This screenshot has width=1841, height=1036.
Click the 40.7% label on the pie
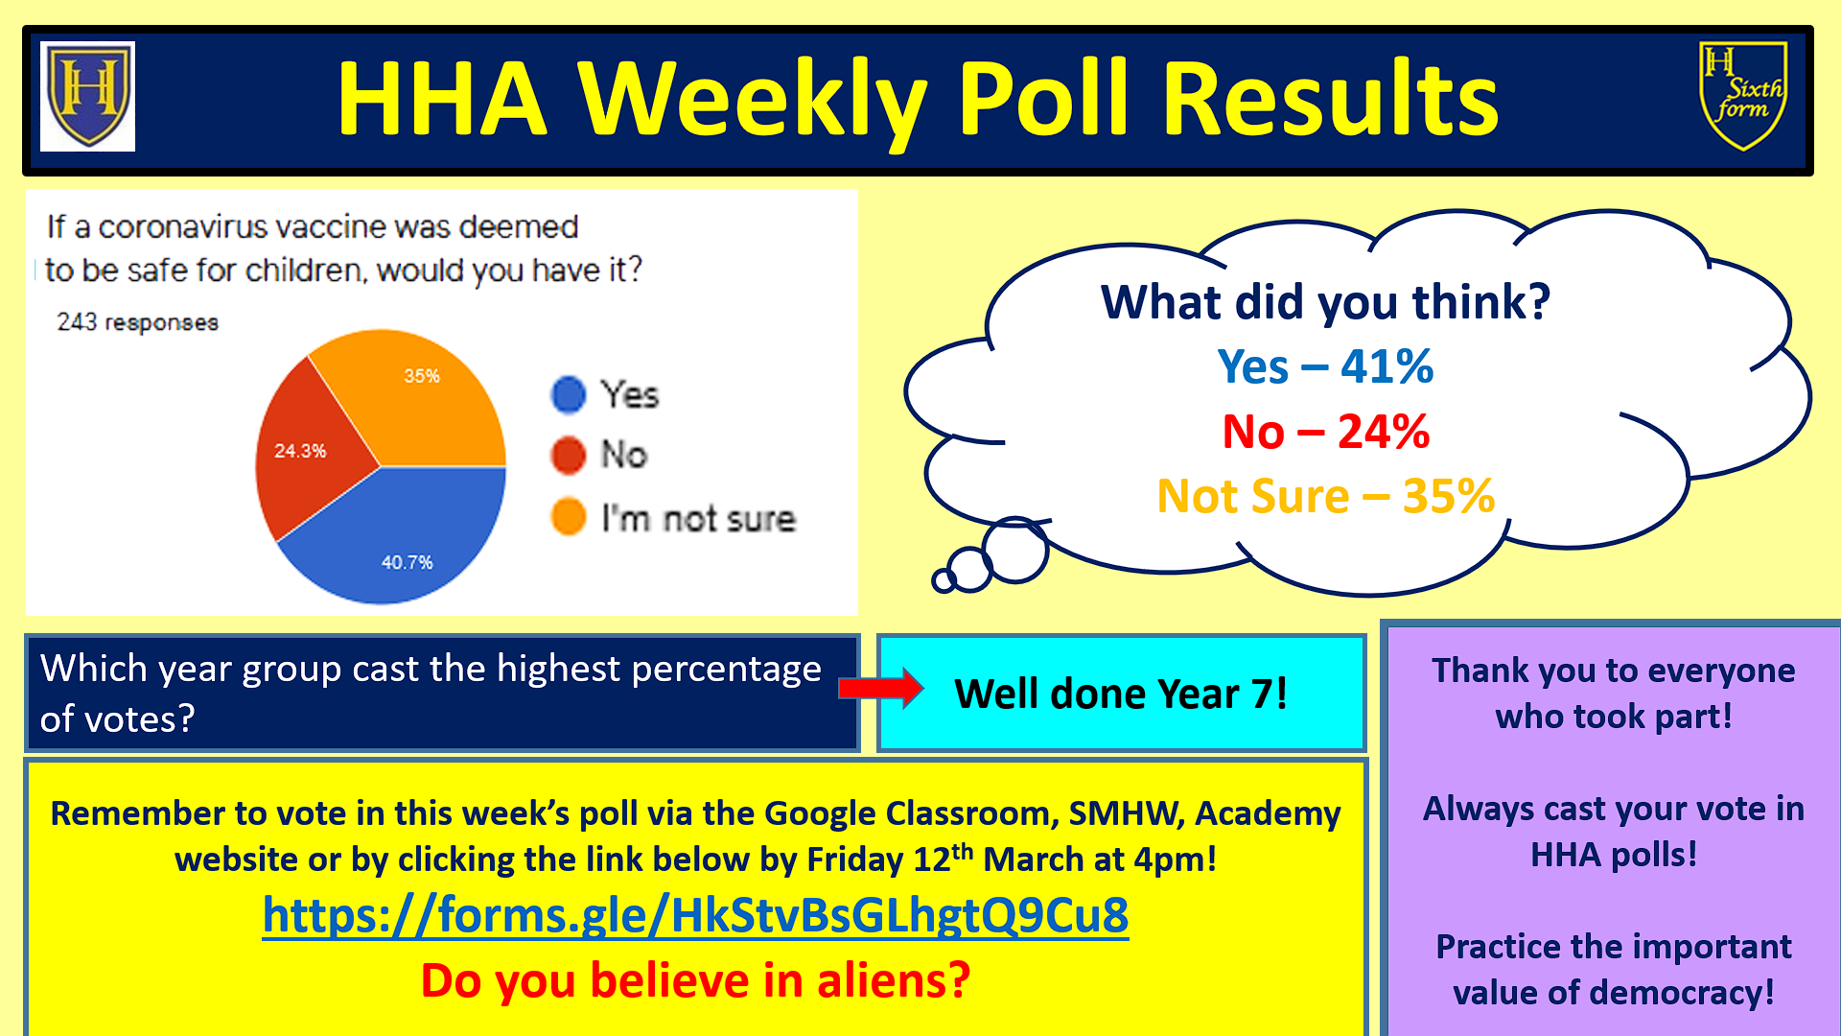pyautogui.click(x=408, y=562)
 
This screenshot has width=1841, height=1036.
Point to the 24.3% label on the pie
pyautogui.click(x=300, y=451)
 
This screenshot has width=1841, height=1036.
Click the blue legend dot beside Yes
pyautogui.click(x=569, y=394)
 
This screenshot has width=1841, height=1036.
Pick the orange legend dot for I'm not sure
pyautogui.click(x=569, y=517)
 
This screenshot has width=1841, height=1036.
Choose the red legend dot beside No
pyautogui.click(x=569, y=455)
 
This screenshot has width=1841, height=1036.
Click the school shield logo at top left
pyautogui.click(x=88, y=96)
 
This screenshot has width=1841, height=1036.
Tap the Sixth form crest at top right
pyautogui.click(x=1742, y=96)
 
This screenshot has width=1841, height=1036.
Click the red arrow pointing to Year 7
pyautogui.click(x=880, y=688)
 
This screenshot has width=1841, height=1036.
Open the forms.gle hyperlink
pyautogui.click(x=695, y=914)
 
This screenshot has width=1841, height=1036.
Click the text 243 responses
pyautogui.click(x=137, y=322)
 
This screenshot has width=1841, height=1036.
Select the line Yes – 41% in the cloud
pyautogui.click(x=1325, y=366)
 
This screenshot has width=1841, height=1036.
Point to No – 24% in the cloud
pyautogui.click(x=1325, y=432)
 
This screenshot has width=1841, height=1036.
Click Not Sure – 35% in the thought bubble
pyautogui.click(x=1325, y=497)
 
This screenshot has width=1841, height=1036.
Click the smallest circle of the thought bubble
pyautogui.click(x=944, y=579)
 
